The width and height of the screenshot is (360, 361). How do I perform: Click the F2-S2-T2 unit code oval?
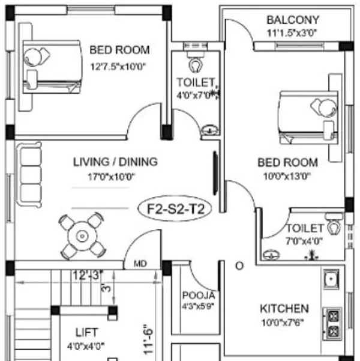click(175, 208)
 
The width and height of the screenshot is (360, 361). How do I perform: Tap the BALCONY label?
click(293, 20)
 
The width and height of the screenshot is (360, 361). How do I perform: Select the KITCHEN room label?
click(284, 309)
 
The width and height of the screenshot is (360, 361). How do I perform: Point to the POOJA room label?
click(199, 296)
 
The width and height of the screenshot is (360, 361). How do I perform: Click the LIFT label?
click(87, 332)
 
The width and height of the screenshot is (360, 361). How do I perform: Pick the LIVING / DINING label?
click(115, 162)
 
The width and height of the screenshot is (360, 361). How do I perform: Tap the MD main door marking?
click(140, 264)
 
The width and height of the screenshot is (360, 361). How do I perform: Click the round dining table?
click(82, 236)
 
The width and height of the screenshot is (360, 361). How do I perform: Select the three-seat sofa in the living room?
click(29, 175)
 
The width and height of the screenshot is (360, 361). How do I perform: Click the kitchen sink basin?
click(331, 279)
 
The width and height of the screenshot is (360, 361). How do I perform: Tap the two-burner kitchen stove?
click(332, 324)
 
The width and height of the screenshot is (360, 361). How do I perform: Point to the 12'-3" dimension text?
click(88, 275)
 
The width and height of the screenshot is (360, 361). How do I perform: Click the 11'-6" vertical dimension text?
click(148, 339)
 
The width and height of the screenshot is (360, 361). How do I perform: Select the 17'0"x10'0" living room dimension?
click(112, 177)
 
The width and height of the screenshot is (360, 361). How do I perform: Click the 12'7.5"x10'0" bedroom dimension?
click(118, 67)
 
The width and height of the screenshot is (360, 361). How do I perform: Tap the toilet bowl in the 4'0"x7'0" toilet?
click(196, 65)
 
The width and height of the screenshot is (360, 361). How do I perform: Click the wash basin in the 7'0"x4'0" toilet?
click(271, 255)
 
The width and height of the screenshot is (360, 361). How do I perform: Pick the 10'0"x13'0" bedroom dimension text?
click(287, 177)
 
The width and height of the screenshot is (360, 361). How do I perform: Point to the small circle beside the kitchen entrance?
click(239, 266)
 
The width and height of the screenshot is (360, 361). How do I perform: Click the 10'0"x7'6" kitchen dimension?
click(283, 323)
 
